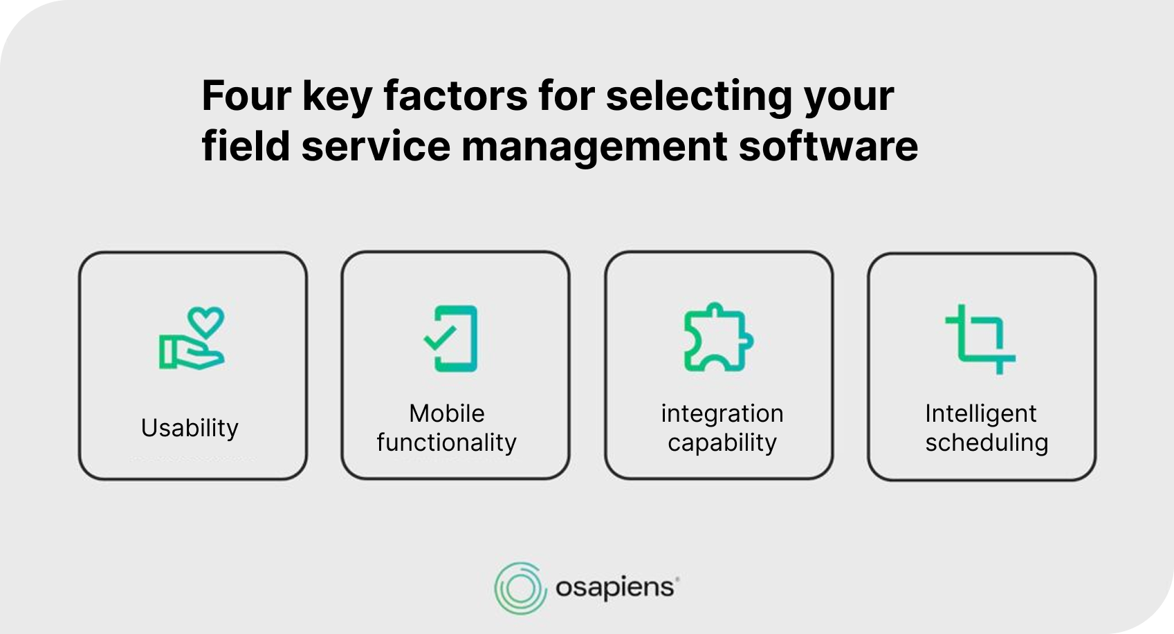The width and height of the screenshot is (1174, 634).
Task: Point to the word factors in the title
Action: click(455, 95)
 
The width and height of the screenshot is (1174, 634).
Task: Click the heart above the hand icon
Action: click(206, 322)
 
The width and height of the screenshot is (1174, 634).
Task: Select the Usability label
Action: click(190, 429)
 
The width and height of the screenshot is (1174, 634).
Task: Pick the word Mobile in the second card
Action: click(446, 413)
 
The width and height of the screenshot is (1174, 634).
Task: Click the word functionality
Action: click(446, 442)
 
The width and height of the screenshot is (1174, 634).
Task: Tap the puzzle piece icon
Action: click(719, 337)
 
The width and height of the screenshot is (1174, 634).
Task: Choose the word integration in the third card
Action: click(722, 413)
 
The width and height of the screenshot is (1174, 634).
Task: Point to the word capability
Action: click(722, 443)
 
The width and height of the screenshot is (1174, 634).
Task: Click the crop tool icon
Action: click(980, 339)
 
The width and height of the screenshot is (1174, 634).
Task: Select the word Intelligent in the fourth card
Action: click(980, 413)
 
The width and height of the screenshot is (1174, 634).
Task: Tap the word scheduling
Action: click(987, 443)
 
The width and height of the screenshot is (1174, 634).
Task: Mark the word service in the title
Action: click(376, 146)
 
